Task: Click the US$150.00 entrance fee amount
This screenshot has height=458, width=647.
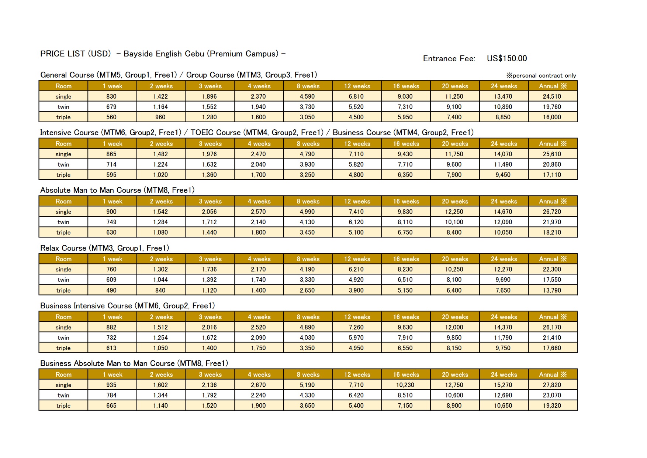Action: (506, 58)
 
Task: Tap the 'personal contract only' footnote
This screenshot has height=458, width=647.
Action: (541, 75)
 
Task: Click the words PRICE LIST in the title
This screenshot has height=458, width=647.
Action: (63, 54)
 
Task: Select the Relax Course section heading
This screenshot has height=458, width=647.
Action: (104, 248)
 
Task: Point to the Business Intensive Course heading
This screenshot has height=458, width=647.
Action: (127, 305)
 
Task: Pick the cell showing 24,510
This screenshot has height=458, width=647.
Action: (552, 96)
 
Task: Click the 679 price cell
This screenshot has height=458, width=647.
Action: (111, 107)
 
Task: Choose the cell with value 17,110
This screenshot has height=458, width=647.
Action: (552, 175)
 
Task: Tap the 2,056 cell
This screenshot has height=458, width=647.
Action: (209, 212)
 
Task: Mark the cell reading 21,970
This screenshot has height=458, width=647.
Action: (552, 222)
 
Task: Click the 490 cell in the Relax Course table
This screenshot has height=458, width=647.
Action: (111, 290)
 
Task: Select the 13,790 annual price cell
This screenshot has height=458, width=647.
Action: (552, 290)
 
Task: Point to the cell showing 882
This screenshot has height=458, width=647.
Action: (111, 327)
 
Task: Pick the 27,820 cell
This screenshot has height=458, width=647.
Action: (552, 385)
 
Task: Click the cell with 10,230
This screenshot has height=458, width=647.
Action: (405, 385)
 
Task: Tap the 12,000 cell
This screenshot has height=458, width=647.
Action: (454, 327)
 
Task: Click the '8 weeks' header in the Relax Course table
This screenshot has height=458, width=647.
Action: (308, 259)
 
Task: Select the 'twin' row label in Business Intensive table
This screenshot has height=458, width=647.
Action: (63, 338)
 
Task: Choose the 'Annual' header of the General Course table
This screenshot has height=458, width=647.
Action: (553, 86)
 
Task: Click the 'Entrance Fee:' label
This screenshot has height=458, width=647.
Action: (449, 58)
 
